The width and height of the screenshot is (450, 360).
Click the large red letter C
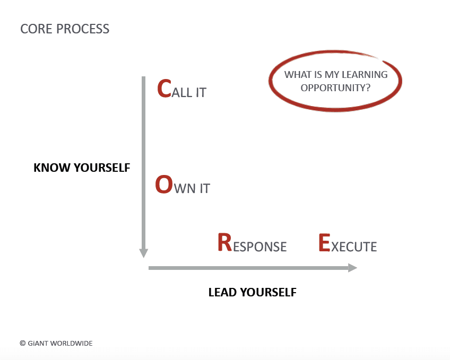click(x=165, y=89)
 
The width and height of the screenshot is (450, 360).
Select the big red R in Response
click(x=225, y=243)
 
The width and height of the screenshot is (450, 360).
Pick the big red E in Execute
click(x=324, y=243)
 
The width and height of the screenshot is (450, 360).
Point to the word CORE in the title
click(x=34, y=29)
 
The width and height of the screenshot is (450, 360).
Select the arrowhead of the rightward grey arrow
click(x=352, y=268)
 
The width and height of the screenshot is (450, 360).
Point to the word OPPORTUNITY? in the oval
click(x=335, y=87)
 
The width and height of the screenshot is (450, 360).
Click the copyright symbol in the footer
click(x=22, y=344)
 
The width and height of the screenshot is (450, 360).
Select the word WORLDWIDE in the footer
click(x=72, y=344)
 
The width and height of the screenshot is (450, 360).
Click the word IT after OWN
click(x=204, y=189)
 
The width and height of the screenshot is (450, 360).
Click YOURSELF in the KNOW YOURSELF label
click(x=101, y=168)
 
